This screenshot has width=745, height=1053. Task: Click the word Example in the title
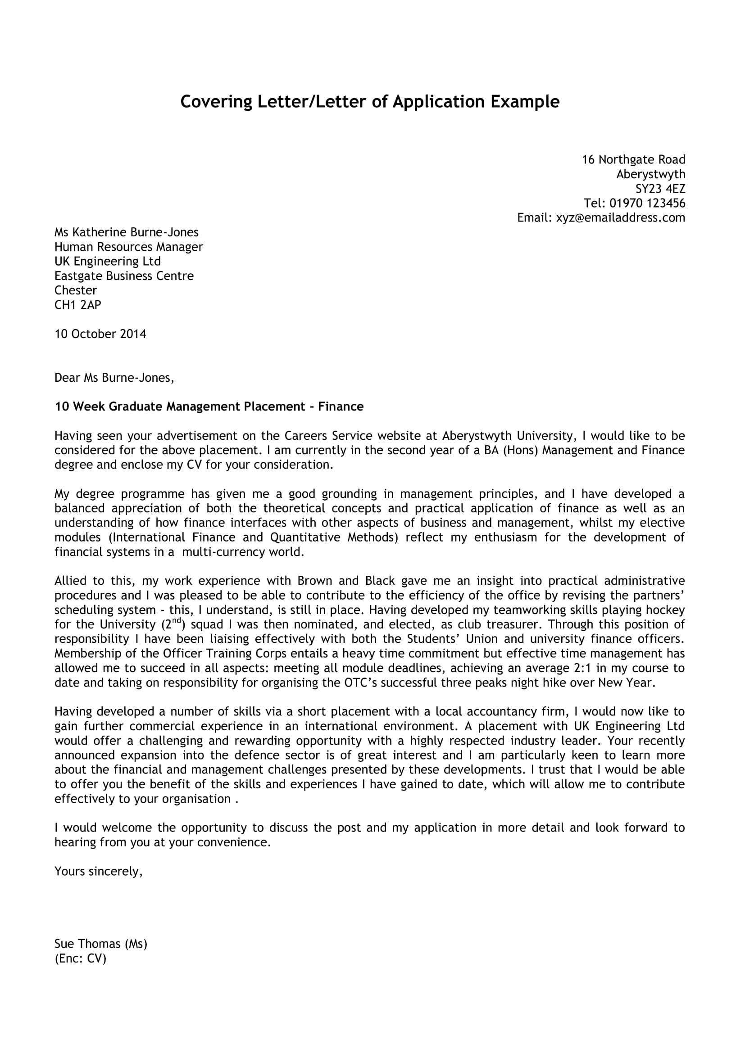click(525, 102)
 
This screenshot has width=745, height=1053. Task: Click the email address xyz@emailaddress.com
click(620, 218)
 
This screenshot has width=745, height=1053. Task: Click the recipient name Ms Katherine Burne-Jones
click(127, 232)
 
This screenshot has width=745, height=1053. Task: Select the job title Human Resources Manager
click(128, 247)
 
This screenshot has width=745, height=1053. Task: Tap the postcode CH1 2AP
click(77, 305)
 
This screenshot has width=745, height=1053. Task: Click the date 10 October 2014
click(100, 334)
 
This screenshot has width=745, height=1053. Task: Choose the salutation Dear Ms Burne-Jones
click(114, 378)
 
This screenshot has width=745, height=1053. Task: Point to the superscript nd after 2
click(177, 620)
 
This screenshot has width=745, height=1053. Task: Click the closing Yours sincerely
click(98, 872)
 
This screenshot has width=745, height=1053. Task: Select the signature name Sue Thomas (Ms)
click(100, 944)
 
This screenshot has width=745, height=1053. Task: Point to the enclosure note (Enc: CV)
click(80, 958)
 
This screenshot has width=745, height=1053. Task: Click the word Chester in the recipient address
click(76, 291)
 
